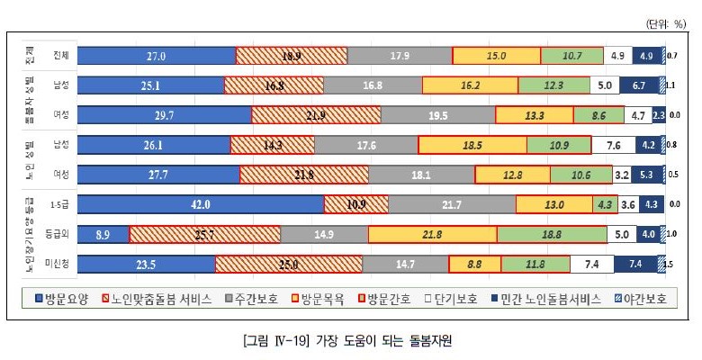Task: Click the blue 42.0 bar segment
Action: pyautogui.click(x=201, y=204)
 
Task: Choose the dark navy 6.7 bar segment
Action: pyautogui.click(x=640, y=85)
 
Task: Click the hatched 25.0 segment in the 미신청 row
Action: pyautogui.click(x=289, y=264)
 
